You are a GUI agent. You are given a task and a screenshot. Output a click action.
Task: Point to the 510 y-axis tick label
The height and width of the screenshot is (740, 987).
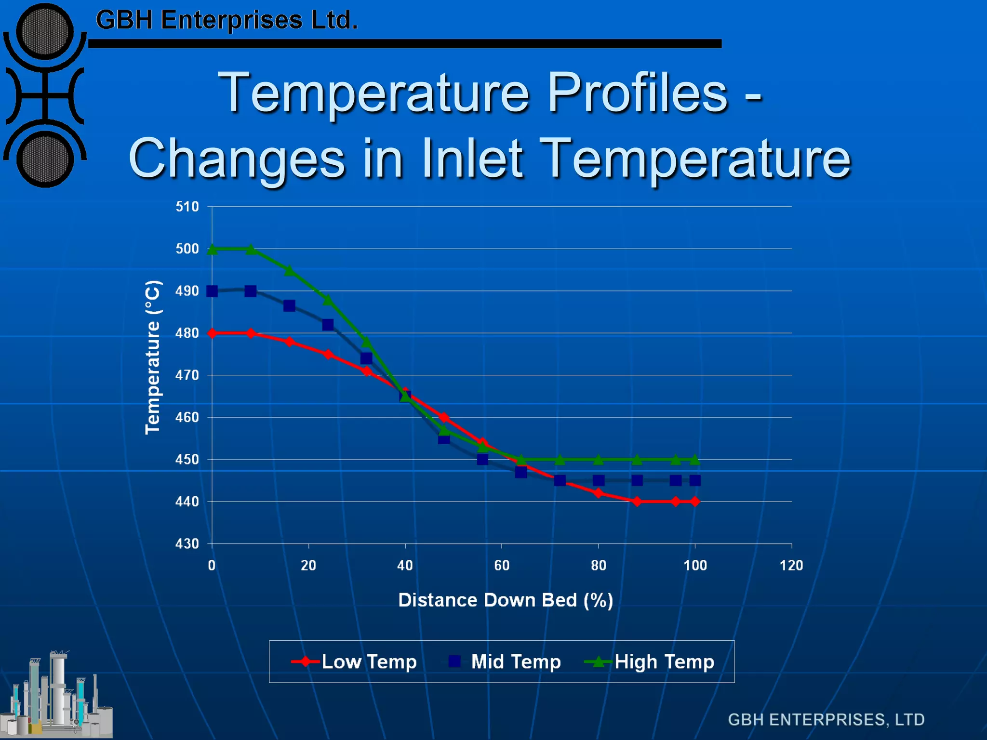coord(187,207)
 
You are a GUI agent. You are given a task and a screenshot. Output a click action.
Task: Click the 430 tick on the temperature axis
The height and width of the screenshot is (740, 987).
coord(187,544)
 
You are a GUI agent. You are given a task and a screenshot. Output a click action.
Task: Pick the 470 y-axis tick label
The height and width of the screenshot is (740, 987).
coord(187,375)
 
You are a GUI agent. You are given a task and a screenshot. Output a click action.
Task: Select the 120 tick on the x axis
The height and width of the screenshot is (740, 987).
coord(791,565)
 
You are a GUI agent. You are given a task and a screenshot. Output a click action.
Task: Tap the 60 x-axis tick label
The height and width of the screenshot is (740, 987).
coord(502,565)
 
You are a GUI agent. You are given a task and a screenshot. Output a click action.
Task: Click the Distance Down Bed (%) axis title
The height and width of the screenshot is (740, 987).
coord(506,600)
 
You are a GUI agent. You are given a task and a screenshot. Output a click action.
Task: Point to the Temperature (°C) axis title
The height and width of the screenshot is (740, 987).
coord(153,357)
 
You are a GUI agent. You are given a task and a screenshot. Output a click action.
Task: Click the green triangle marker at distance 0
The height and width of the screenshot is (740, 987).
coord(212,249)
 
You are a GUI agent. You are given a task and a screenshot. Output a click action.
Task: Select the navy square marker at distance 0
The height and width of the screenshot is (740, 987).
coord(212,291)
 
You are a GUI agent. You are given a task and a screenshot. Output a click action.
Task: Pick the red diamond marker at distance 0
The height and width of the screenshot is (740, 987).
coord(212,333)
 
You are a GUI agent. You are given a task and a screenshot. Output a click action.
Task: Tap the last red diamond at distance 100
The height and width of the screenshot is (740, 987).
coord(695,502)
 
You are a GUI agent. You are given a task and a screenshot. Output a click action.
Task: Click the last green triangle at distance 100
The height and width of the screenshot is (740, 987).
coord(695,459)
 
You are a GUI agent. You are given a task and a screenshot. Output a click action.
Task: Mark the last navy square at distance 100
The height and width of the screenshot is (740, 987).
coord(695,480)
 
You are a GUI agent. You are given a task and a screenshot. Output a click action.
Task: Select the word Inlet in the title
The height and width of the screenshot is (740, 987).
coord(472,158)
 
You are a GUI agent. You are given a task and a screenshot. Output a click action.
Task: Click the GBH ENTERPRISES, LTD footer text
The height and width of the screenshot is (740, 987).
coord(826,719)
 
